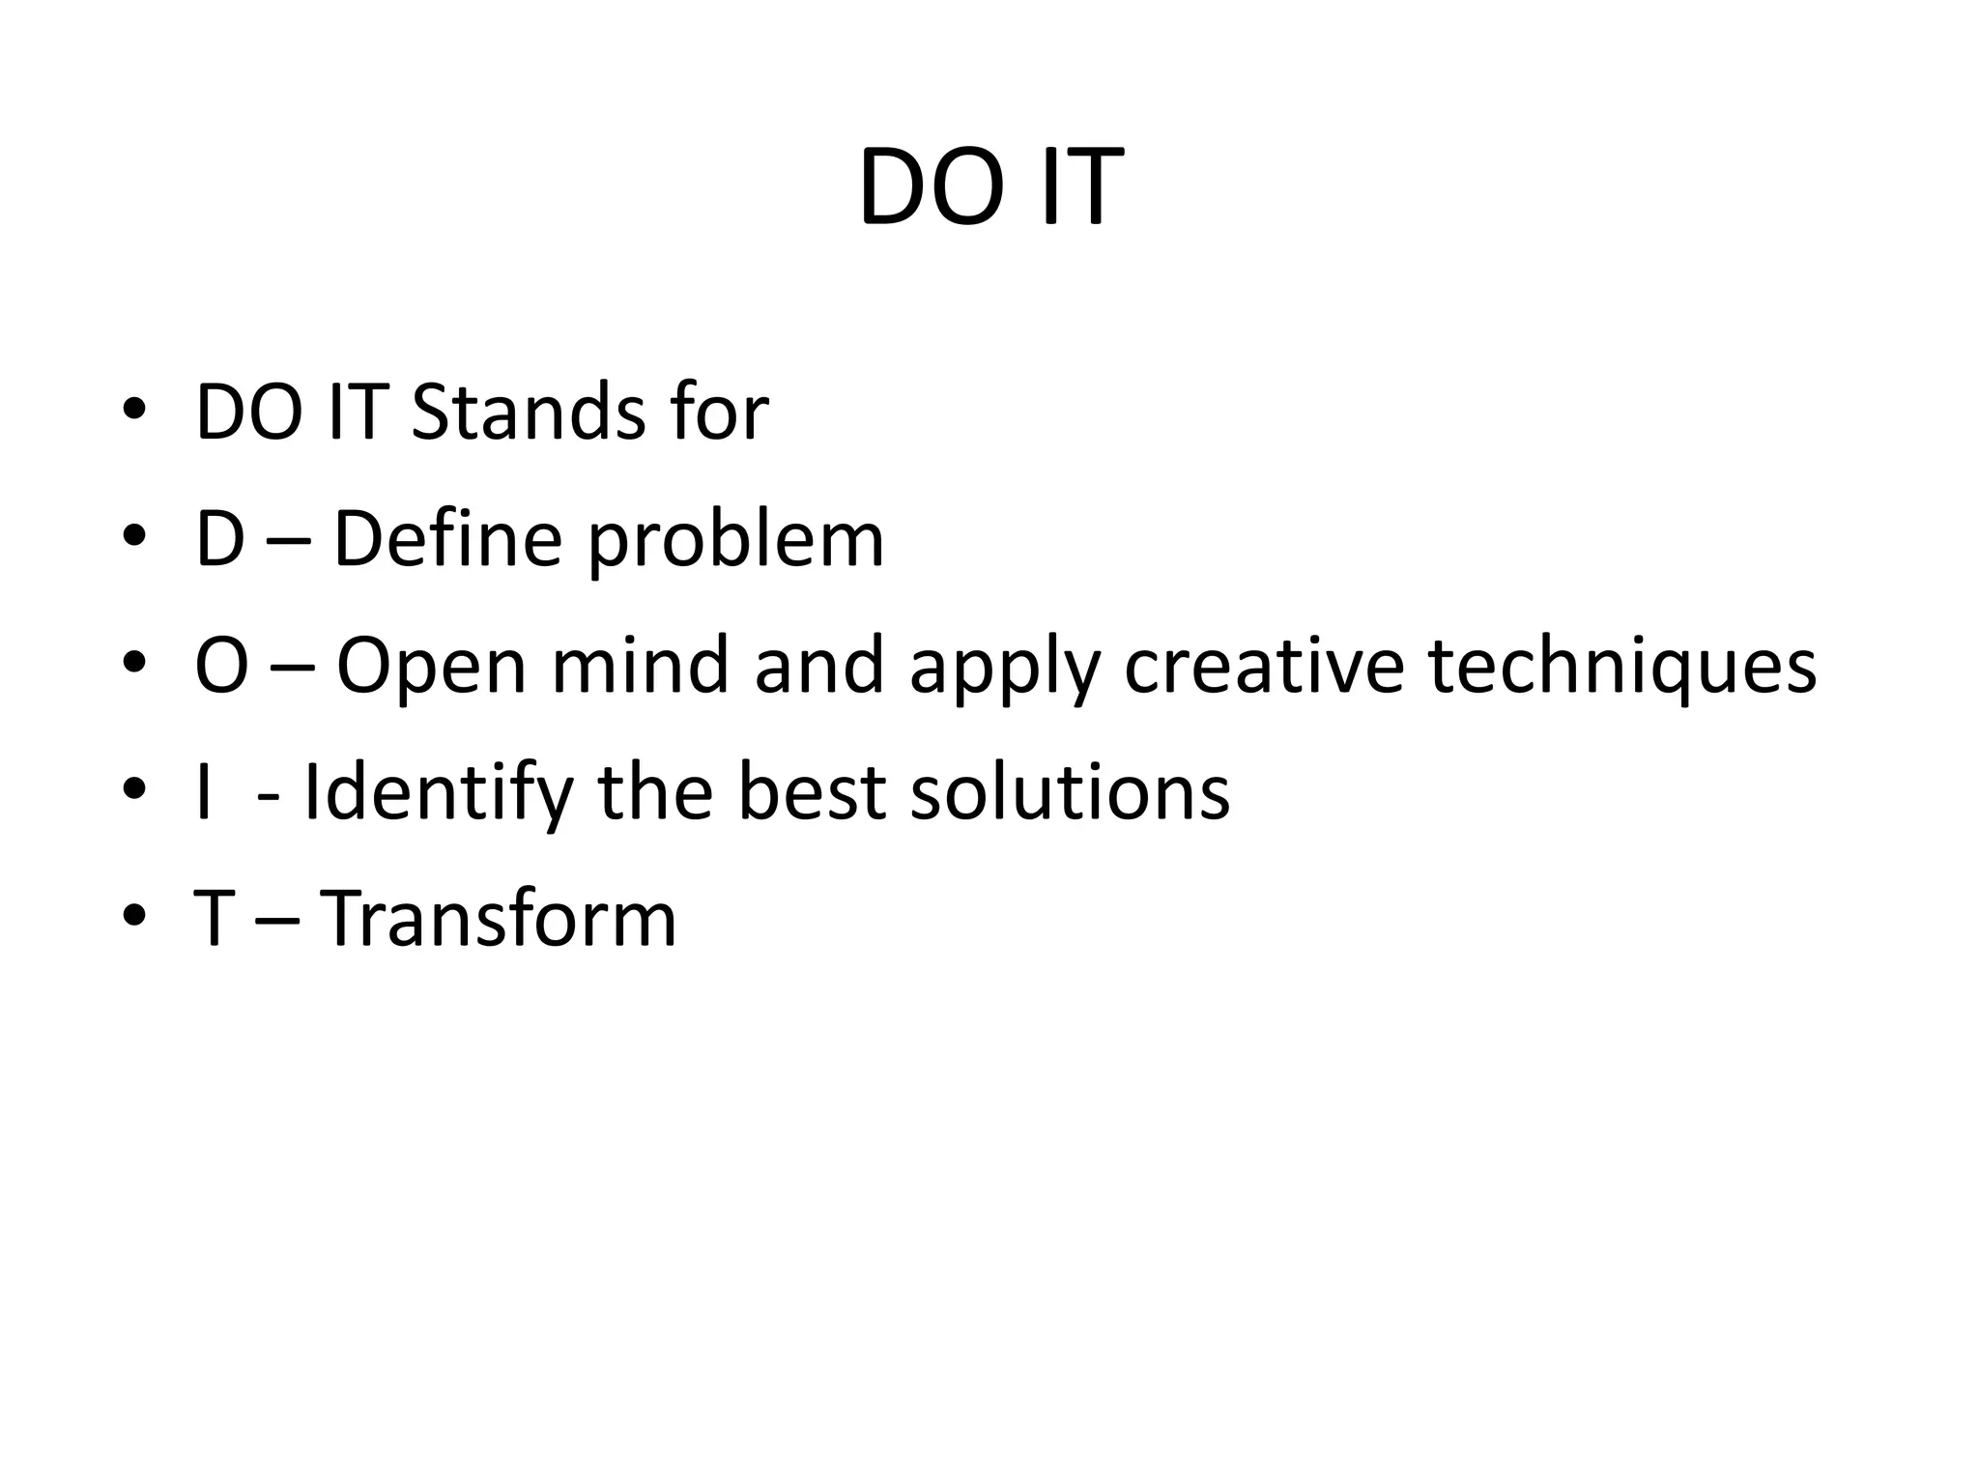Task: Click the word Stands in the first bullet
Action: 528,413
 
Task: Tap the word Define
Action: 447,539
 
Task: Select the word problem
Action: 735,541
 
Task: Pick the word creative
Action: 1264,666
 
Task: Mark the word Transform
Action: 498,919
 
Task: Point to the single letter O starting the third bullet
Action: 221,666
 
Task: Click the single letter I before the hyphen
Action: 203,792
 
